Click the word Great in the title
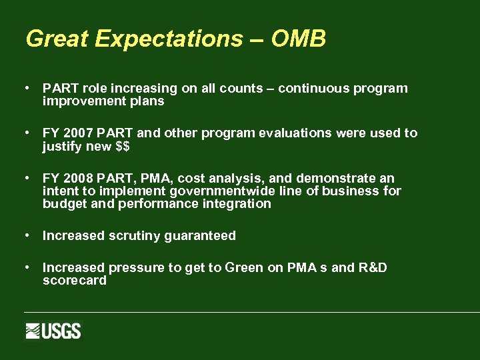click(x=57, y=39)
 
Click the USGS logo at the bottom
click(x=53, y=331)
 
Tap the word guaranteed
click(x=202, y=236)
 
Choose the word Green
click(x=244, y=268)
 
